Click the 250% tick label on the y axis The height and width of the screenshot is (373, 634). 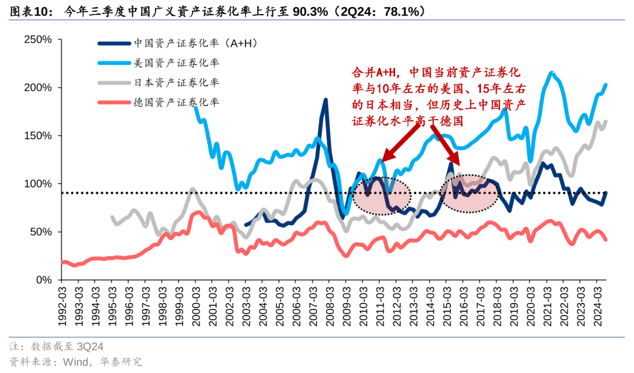(38, 39)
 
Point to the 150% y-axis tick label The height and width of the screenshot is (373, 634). (38, 135)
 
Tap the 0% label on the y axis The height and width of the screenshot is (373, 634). (44, 280)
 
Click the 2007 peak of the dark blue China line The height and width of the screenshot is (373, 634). (325, 100)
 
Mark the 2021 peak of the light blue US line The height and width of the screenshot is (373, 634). (551, 73)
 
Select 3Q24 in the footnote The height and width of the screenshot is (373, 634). (90, 347)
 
